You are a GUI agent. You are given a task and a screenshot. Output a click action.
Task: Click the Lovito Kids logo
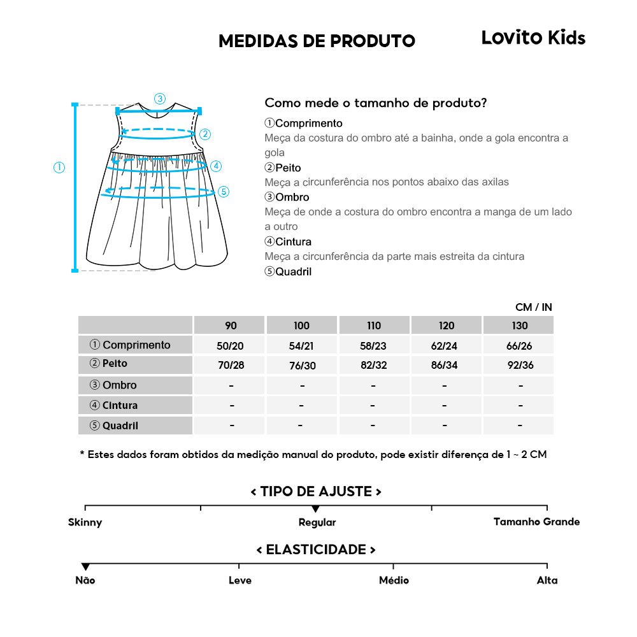[x=533, y=38]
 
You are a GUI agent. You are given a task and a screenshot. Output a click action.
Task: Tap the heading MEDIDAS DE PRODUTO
[x=317, y=41]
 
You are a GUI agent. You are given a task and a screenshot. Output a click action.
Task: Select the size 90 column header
[x=231, y=326]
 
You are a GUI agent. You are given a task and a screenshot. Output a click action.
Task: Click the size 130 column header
[x=520, y=326]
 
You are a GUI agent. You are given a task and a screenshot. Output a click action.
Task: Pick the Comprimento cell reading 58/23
[x=374, y=345]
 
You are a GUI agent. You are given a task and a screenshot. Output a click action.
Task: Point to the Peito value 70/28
[x=231, y=365]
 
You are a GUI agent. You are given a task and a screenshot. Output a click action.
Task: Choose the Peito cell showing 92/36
[x=520, y=365]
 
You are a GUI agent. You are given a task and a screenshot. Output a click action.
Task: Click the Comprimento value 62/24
[x=447, y=345]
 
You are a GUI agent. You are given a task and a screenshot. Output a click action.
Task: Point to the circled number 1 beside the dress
[x=59, y=168]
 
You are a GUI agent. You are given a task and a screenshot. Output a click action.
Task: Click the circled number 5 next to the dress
[x=223, y=191]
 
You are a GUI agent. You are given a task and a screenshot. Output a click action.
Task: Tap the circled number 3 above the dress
[x=160, y=99]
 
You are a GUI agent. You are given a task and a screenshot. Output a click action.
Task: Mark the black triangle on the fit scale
[x=315, y=509]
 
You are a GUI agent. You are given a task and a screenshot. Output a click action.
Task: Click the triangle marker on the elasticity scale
[x=85, y=567]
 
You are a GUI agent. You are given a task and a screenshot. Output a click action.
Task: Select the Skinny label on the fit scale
[x=85, y=522]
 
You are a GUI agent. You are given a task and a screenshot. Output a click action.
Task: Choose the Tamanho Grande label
[x=536, y=522]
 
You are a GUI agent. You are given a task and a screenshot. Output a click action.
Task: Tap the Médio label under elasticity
[x=394, y=580]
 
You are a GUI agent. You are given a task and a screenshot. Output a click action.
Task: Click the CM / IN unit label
[x=534, y=307]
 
